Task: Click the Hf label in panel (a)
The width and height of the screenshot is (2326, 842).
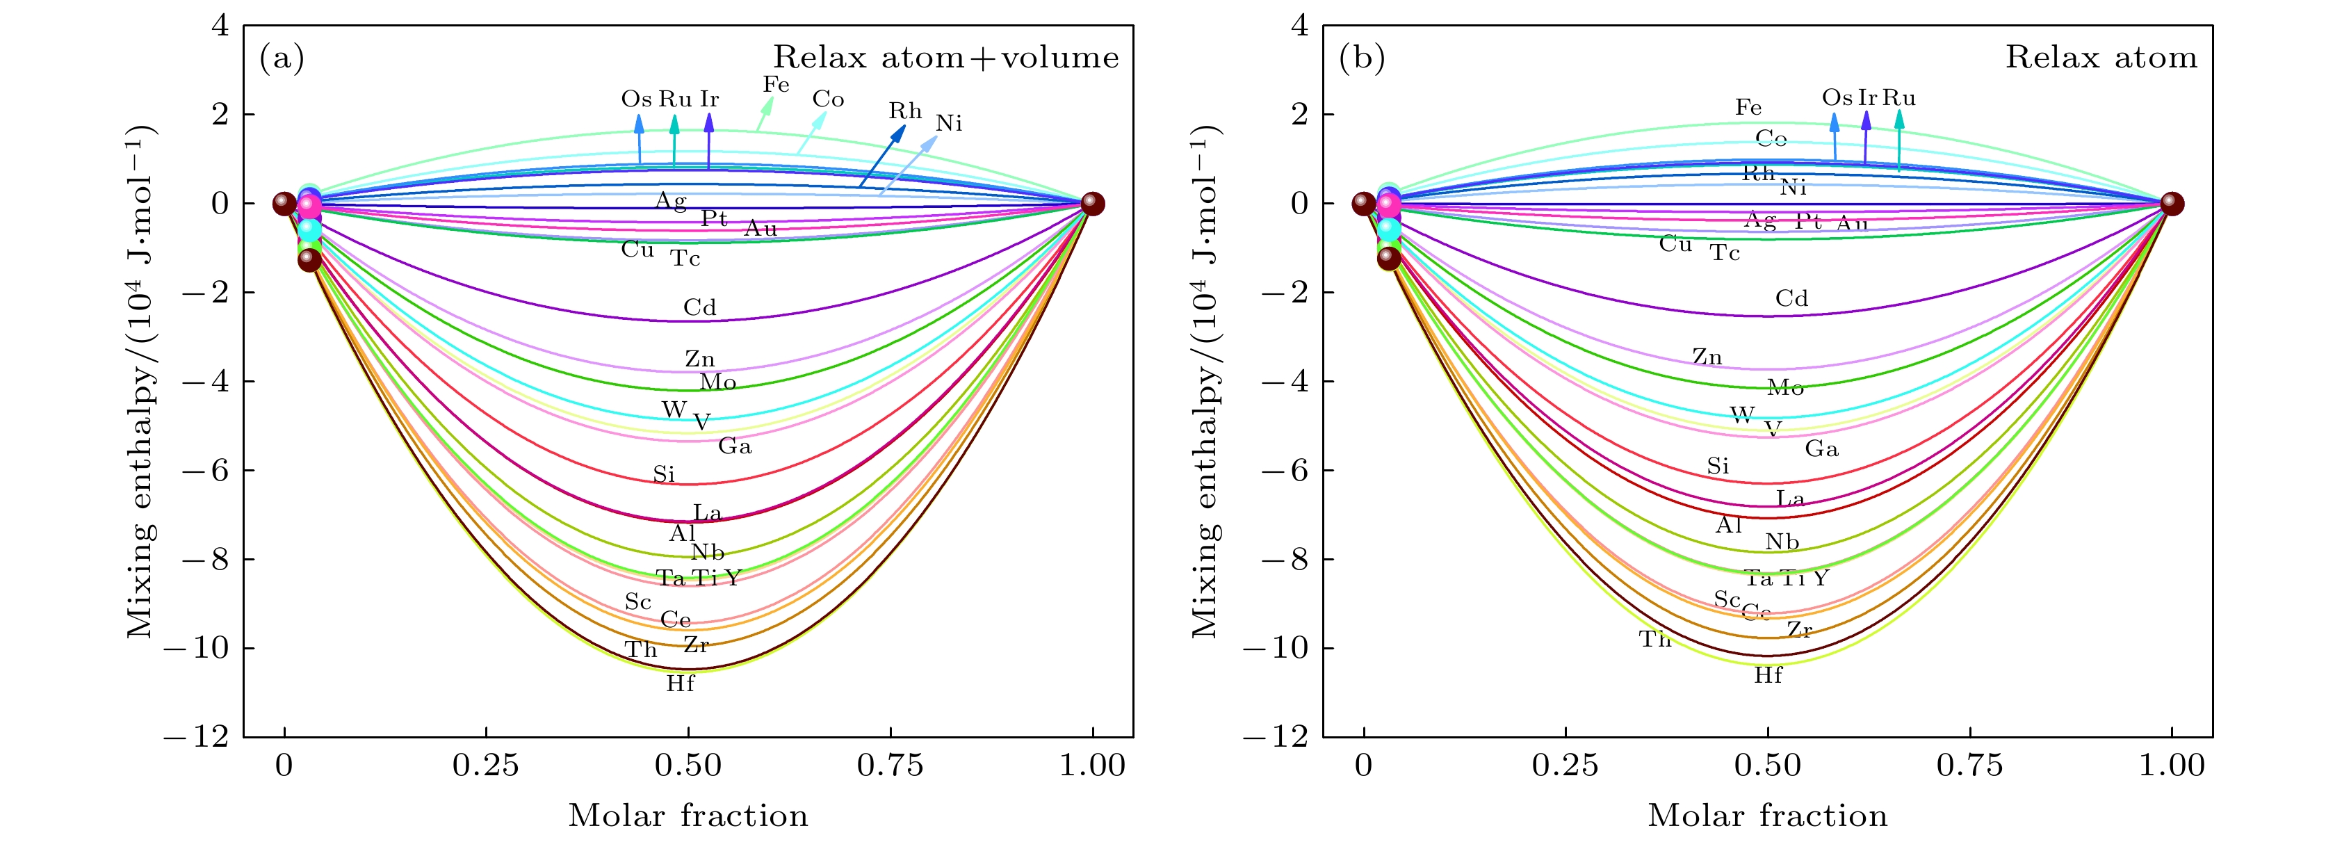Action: pyautogui.click(x=680, y=684)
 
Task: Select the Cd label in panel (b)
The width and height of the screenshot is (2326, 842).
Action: pyautogui.click(x=1791, y=299)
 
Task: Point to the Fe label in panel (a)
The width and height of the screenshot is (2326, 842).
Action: pyautogui.click(x=776, y=85)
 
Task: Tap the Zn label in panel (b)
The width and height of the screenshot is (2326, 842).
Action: pyautogui.click(x=1707, y=357)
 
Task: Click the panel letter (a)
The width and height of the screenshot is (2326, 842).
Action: pyautogui.click(x=282, y=58)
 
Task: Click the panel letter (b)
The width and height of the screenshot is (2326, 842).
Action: pyautogui.click(x=1362, y=58)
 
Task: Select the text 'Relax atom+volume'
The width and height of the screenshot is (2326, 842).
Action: pyautogui.click(x=945, y=58)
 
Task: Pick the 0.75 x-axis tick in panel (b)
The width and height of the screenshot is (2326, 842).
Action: pyautogui.click(x=1969, y=766)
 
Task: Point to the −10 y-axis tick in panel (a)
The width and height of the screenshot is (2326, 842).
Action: pyautogui.click(x=196, y=648)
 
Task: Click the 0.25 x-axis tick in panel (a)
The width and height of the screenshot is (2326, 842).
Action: pyautogui.click(x=486, y=766)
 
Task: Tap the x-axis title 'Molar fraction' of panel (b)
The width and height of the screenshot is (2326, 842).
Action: pyautogui.click(x=1767, y=816)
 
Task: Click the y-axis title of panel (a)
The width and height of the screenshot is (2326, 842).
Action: pyautogui.click(x=141, y=381)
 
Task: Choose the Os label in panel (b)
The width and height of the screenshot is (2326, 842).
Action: pyautogui.click(x=1837, y=97)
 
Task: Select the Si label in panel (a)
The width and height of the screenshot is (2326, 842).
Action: pyautogui.click(x=664, y=474)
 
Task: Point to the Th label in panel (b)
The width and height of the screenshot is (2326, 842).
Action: pyautogui.click(x=1655, y=640)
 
